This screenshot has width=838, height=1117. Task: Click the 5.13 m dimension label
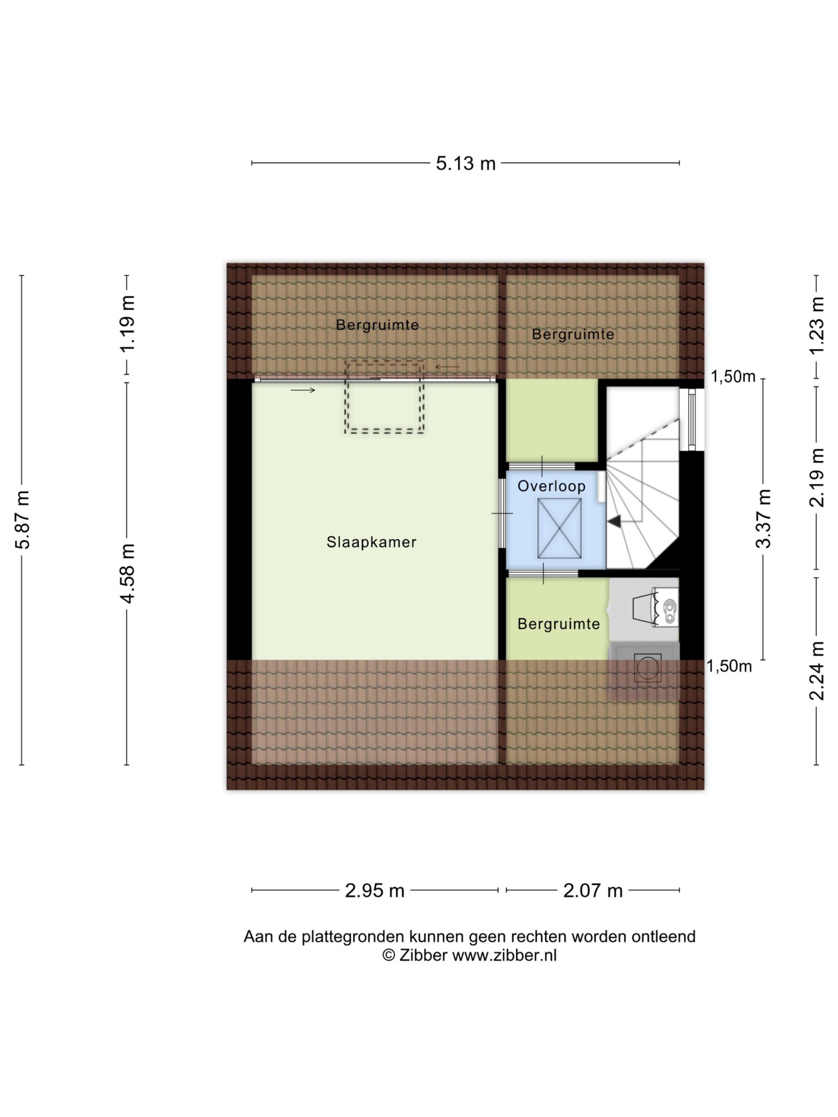[x=465, y=163]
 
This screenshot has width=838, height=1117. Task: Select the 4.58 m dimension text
[x=128, y=573]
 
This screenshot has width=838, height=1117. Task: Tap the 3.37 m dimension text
[x=763, y=519]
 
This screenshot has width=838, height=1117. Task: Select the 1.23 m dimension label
[x=817, y=326]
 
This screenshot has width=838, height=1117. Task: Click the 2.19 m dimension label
[x=817, y=477]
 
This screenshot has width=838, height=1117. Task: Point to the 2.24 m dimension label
[x=817, y=671]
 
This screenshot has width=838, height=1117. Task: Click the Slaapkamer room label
[x=371, y=542]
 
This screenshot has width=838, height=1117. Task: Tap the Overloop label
[x=552, y=487]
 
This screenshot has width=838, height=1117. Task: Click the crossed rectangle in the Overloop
[x=559, y=528]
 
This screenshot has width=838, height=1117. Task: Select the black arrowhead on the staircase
[x=614, y=522]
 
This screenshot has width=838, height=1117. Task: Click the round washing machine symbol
[x=648, y=668]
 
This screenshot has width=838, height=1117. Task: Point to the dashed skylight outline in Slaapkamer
[x=384, y=397]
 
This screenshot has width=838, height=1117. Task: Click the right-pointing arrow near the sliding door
[x=302, y=390]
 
